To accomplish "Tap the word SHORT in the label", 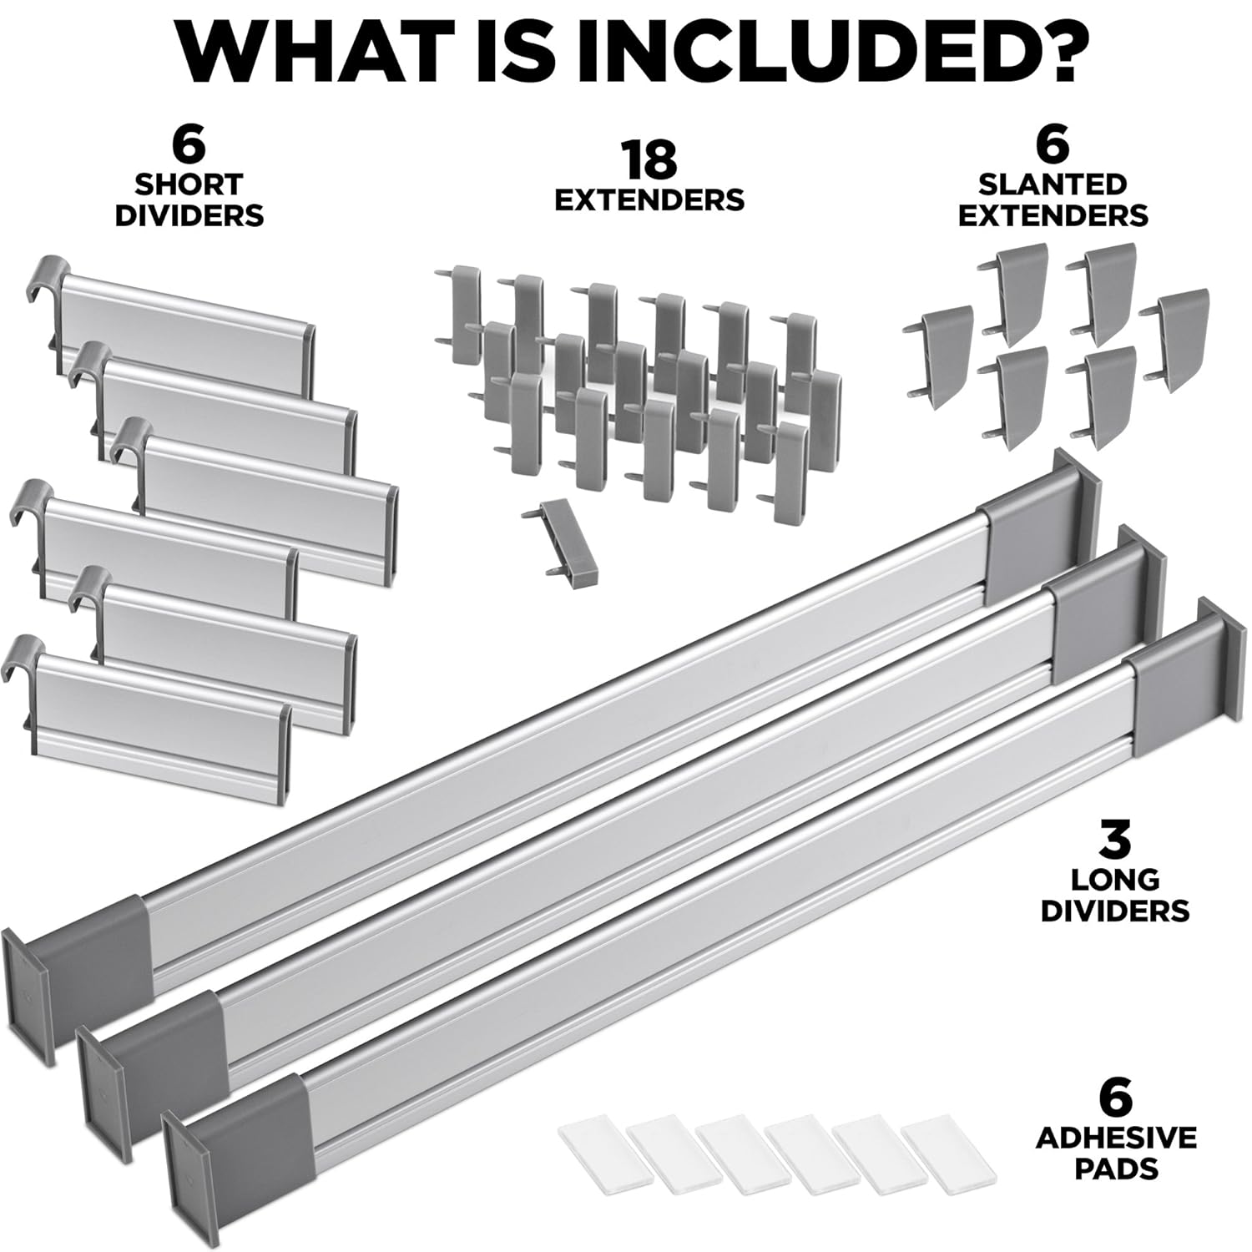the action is pyautogui.click(x=189, y=184).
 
